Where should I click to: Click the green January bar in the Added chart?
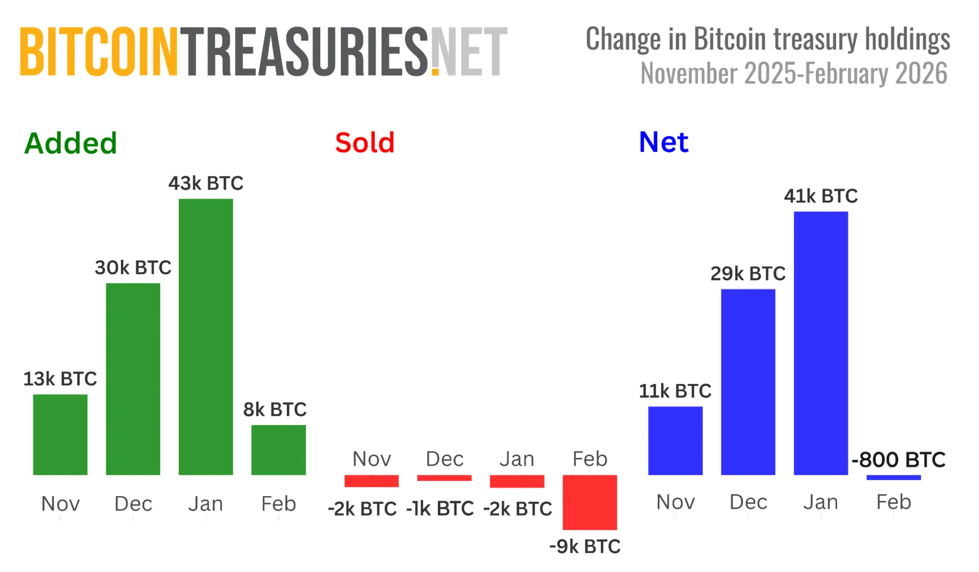click(205, 337)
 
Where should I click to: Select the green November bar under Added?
click(60, 434)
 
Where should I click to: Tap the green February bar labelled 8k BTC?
click(278, 450)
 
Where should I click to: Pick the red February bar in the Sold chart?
click(589, 502)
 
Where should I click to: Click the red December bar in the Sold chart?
click(444, 478)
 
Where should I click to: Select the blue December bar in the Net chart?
click(748, 382)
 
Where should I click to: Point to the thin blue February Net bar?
click(893, 477)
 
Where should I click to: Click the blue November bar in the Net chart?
click(675, 441)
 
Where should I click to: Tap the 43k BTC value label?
click(206, 183)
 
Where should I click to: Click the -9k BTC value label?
click(585, 547)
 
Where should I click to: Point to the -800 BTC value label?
click(898, 459)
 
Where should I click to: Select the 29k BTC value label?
click(748, 274)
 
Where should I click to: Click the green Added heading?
click(70, 143)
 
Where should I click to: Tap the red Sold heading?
click(365, 143)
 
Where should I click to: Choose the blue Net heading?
click(663, 142)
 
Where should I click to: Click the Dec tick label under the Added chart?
click(133, 504)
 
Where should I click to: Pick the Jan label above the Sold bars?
click(517, 459)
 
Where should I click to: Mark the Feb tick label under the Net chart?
click(893, 502)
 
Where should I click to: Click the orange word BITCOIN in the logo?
click(99, 52)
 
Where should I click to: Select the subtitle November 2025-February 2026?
click(793, 74)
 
